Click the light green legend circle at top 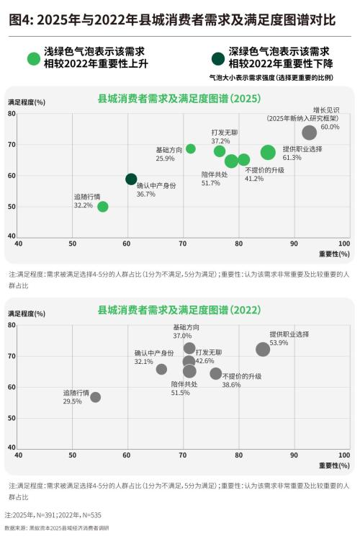pyautogui.click(x=33, y=58)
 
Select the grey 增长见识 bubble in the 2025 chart pyautogui.click(x=310, y=133)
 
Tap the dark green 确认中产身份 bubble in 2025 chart pyautogui.click(x=131, y=179)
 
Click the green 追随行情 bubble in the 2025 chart pyautogui.click(x=103, y=207)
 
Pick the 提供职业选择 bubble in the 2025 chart pyautogui.click(x=268, y=152)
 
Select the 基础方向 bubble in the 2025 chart pyautogui.click(x=191, y=149)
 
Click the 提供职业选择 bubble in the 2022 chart pyautogui.click(x=263, y=349)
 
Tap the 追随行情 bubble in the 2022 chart pyautogui.click(x=96, y=397)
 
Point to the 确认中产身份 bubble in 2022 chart pyautogui.click(x=161, y=369)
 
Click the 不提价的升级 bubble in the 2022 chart pyautogui.click(x=216, y=373)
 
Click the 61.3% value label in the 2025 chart pyautogui.click(x=292, y=157)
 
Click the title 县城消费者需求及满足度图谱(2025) pyautogui.click(x=179, y=98)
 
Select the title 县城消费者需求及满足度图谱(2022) pyautogui.click(x=179, y=310)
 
